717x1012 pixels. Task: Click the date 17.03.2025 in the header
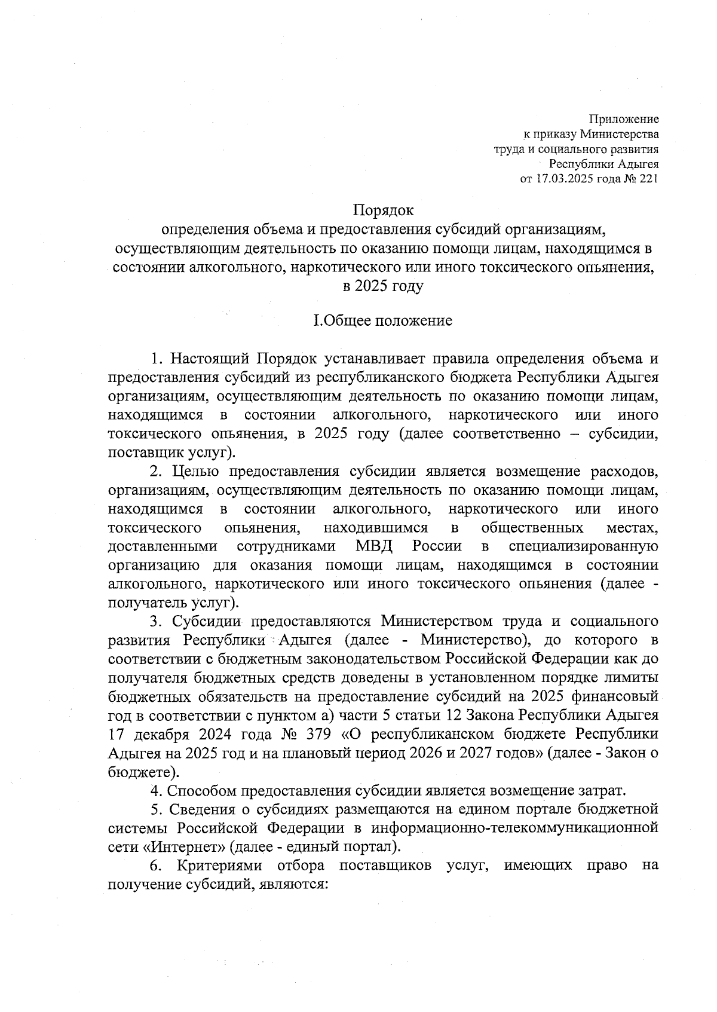coord(568,179)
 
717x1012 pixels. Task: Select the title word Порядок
coord(383,210)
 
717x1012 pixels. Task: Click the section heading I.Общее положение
coord(383,321)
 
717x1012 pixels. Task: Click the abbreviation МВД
coord(374,546)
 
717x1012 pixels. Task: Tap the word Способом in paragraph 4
coord(201,791)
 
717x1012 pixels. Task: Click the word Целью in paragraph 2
coord(191,472)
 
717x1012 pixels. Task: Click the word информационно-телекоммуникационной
coord(514,828)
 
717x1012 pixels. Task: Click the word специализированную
coord(583,546)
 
